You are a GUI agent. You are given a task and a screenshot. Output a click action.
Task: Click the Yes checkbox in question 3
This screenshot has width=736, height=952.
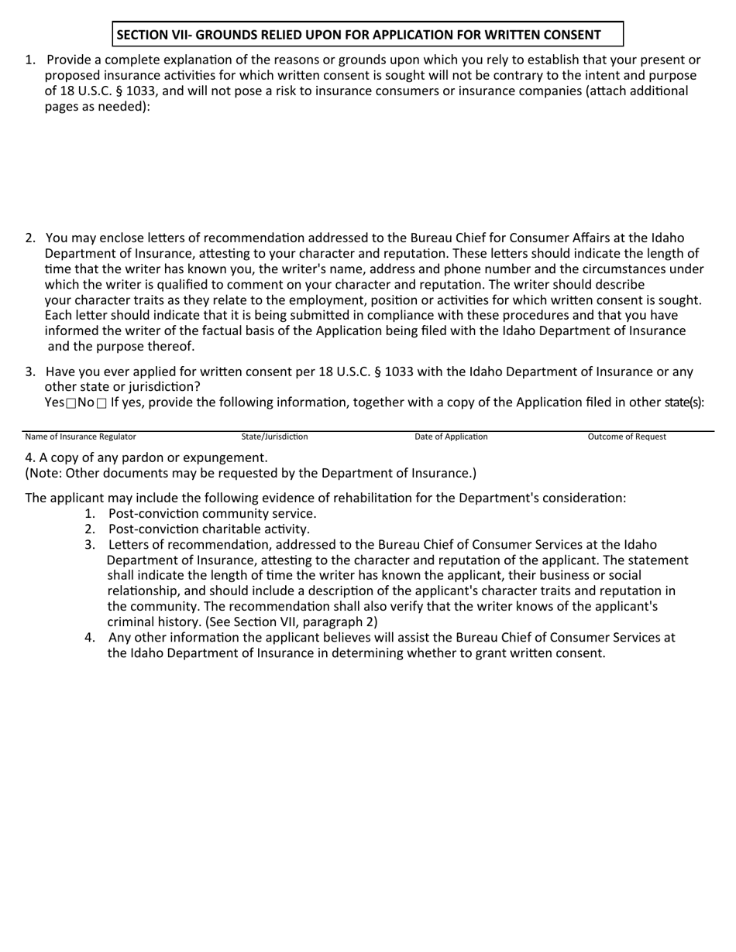pos(71,403)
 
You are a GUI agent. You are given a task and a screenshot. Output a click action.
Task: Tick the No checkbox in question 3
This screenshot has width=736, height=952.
pos(101,403)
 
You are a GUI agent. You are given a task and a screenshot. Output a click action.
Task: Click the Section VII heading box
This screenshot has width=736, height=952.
pos(367,35)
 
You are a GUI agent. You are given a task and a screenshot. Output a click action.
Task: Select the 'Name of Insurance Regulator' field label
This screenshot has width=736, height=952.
pos(81,437)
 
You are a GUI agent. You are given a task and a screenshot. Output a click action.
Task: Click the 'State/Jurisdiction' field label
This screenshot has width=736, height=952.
pos(274,437)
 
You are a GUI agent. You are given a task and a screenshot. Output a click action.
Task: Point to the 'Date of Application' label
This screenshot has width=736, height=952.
pos(451,437)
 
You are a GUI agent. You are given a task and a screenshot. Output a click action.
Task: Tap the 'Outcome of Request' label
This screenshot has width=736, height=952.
pos(627,437)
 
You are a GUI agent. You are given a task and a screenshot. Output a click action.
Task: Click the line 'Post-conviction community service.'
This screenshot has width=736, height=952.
pos(212,513)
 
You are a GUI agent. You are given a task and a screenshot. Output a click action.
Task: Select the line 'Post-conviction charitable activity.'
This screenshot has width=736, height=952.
pos(208,529)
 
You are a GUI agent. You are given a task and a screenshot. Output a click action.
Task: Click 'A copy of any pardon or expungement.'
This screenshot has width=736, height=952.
pos(146,457)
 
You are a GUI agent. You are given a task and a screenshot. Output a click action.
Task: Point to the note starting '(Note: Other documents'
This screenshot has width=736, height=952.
pos(250,473)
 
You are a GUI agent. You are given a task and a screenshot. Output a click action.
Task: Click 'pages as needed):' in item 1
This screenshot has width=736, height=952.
pos(98,107)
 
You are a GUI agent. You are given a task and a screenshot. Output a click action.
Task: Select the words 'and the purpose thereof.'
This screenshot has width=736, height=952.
pos(121,346)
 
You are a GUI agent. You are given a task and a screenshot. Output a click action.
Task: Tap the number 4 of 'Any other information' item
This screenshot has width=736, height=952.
pos(90,637)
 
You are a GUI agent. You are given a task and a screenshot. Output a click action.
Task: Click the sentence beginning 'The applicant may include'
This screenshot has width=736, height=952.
pos(325,498)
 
